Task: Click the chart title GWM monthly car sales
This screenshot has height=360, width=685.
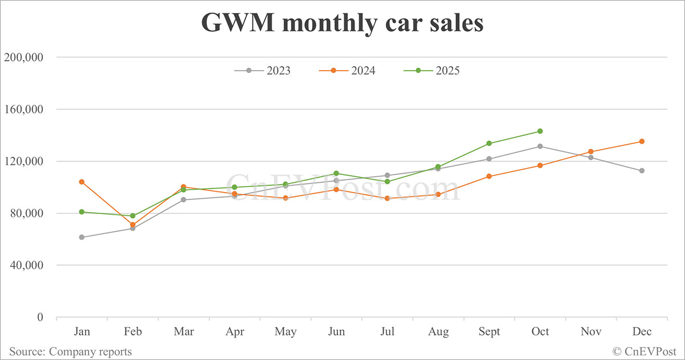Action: point(342,23)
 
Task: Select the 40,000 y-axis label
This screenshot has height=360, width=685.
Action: point(30,265)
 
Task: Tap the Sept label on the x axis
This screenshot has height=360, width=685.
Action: point(489,332)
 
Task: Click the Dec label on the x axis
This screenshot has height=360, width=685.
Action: point(642,332)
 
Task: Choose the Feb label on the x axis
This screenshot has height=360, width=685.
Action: point(132,332)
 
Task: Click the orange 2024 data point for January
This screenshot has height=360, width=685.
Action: point(82,182)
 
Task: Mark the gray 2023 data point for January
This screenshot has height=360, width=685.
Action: point(82,237)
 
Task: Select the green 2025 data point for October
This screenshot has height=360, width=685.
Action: point(540,131)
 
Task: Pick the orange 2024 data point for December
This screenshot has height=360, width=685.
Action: point(642,141)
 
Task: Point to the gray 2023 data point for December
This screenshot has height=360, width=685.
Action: point(642,171)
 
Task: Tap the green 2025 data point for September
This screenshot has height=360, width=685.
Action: point(489,143)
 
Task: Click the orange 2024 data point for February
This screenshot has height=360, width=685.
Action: point(132,225)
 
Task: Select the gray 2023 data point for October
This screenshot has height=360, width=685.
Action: point(540,146)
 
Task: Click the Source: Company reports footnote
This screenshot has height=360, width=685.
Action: point(70,351)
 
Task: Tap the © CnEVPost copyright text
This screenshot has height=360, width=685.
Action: point(644,351)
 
